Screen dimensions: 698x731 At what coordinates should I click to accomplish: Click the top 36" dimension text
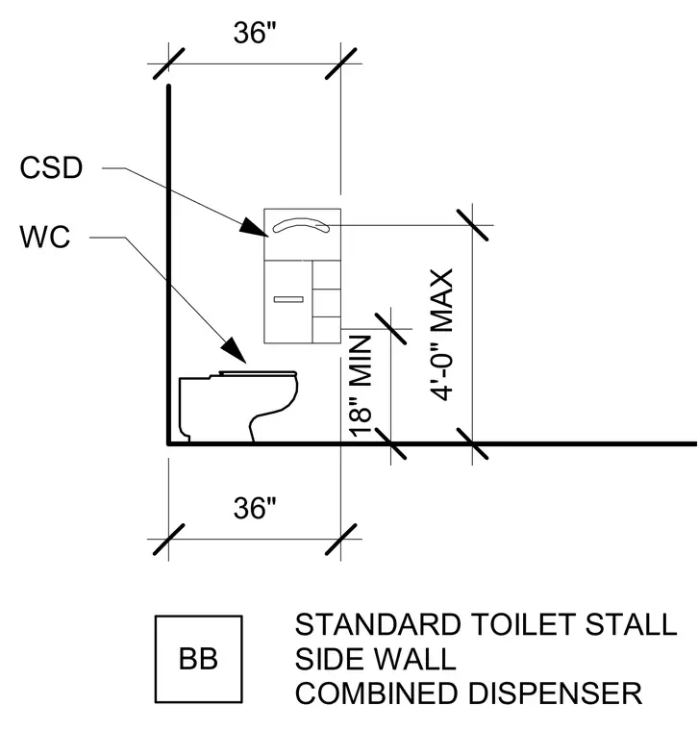pyautogui.click(x=255, y=33)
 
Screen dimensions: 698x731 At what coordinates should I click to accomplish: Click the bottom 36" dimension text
pyautogui.click(x=255, y=508)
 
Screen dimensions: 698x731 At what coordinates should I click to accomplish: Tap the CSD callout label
pyautogui.click(x=51, y=167)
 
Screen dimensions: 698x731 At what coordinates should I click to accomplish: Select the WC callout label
pyautogui.click(x=45, y=237)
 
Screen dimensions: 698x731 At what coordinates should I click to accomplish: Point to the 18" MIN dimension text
pyautogui.click(x=361, y=387)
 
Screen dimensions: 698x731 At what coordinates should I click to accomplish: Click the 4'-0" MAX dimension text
pyautogui.click(x=441, y=335)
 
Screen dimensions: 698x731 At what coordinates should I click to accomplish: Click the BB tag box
pyautogui.click(x=198, y=659)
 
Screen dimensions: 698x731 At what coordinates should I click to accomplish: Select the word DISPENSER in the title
pyautogui.click(x=555, y=693)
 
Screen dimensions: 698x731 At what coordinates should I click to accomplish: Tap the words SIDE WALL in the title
pyautogui.click(x=375, y=659)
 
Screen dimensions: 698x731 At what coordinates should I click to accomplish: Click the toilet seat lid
pyautogui.click(x=258, y=373)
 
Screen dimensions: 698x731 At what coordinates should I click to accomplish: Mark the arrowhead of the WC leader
pyautogui.click(x=235, y=350)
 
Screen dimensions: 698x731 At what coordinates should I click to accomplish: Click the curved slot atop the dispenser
pyautogui.click(x=301, y=225)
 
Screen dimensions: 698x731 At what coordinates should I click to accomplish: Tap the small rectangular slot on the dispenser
pyautogui.click(x=288, y=299)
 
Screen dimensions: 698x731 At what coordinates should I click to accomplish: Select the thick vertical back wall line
pyautogui.click(x=168, y=265)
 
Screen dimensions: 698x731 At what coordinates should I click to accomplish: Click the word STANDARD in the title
pyautogui.click(x=379, y=624)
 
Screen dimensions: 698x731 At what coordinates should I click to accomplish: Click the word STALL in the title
pyautogui.click(x=631, y=624)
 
